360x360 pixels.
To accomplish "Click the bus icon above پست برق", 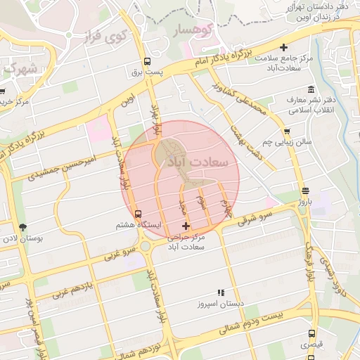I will (146, 61).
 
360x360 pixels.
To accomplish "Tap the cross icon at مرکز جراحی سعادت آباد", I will (186, 226).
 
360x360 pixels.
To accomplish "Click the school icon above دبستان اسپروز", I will (221, 292).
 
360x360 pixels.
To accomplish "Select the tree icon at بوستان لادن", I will (23, 227).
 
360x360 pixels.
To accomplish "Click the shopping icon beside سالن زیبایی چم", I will (287, 131).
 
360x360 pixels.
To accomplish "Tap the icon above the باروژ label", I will (304, 191).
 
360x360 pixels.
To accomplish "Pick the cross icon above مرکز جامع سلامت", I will (283, 48).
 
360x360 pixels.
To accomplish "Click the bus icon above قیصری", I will (311, 334).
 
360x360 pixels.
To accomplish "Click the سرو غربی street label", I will (120, 251).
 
